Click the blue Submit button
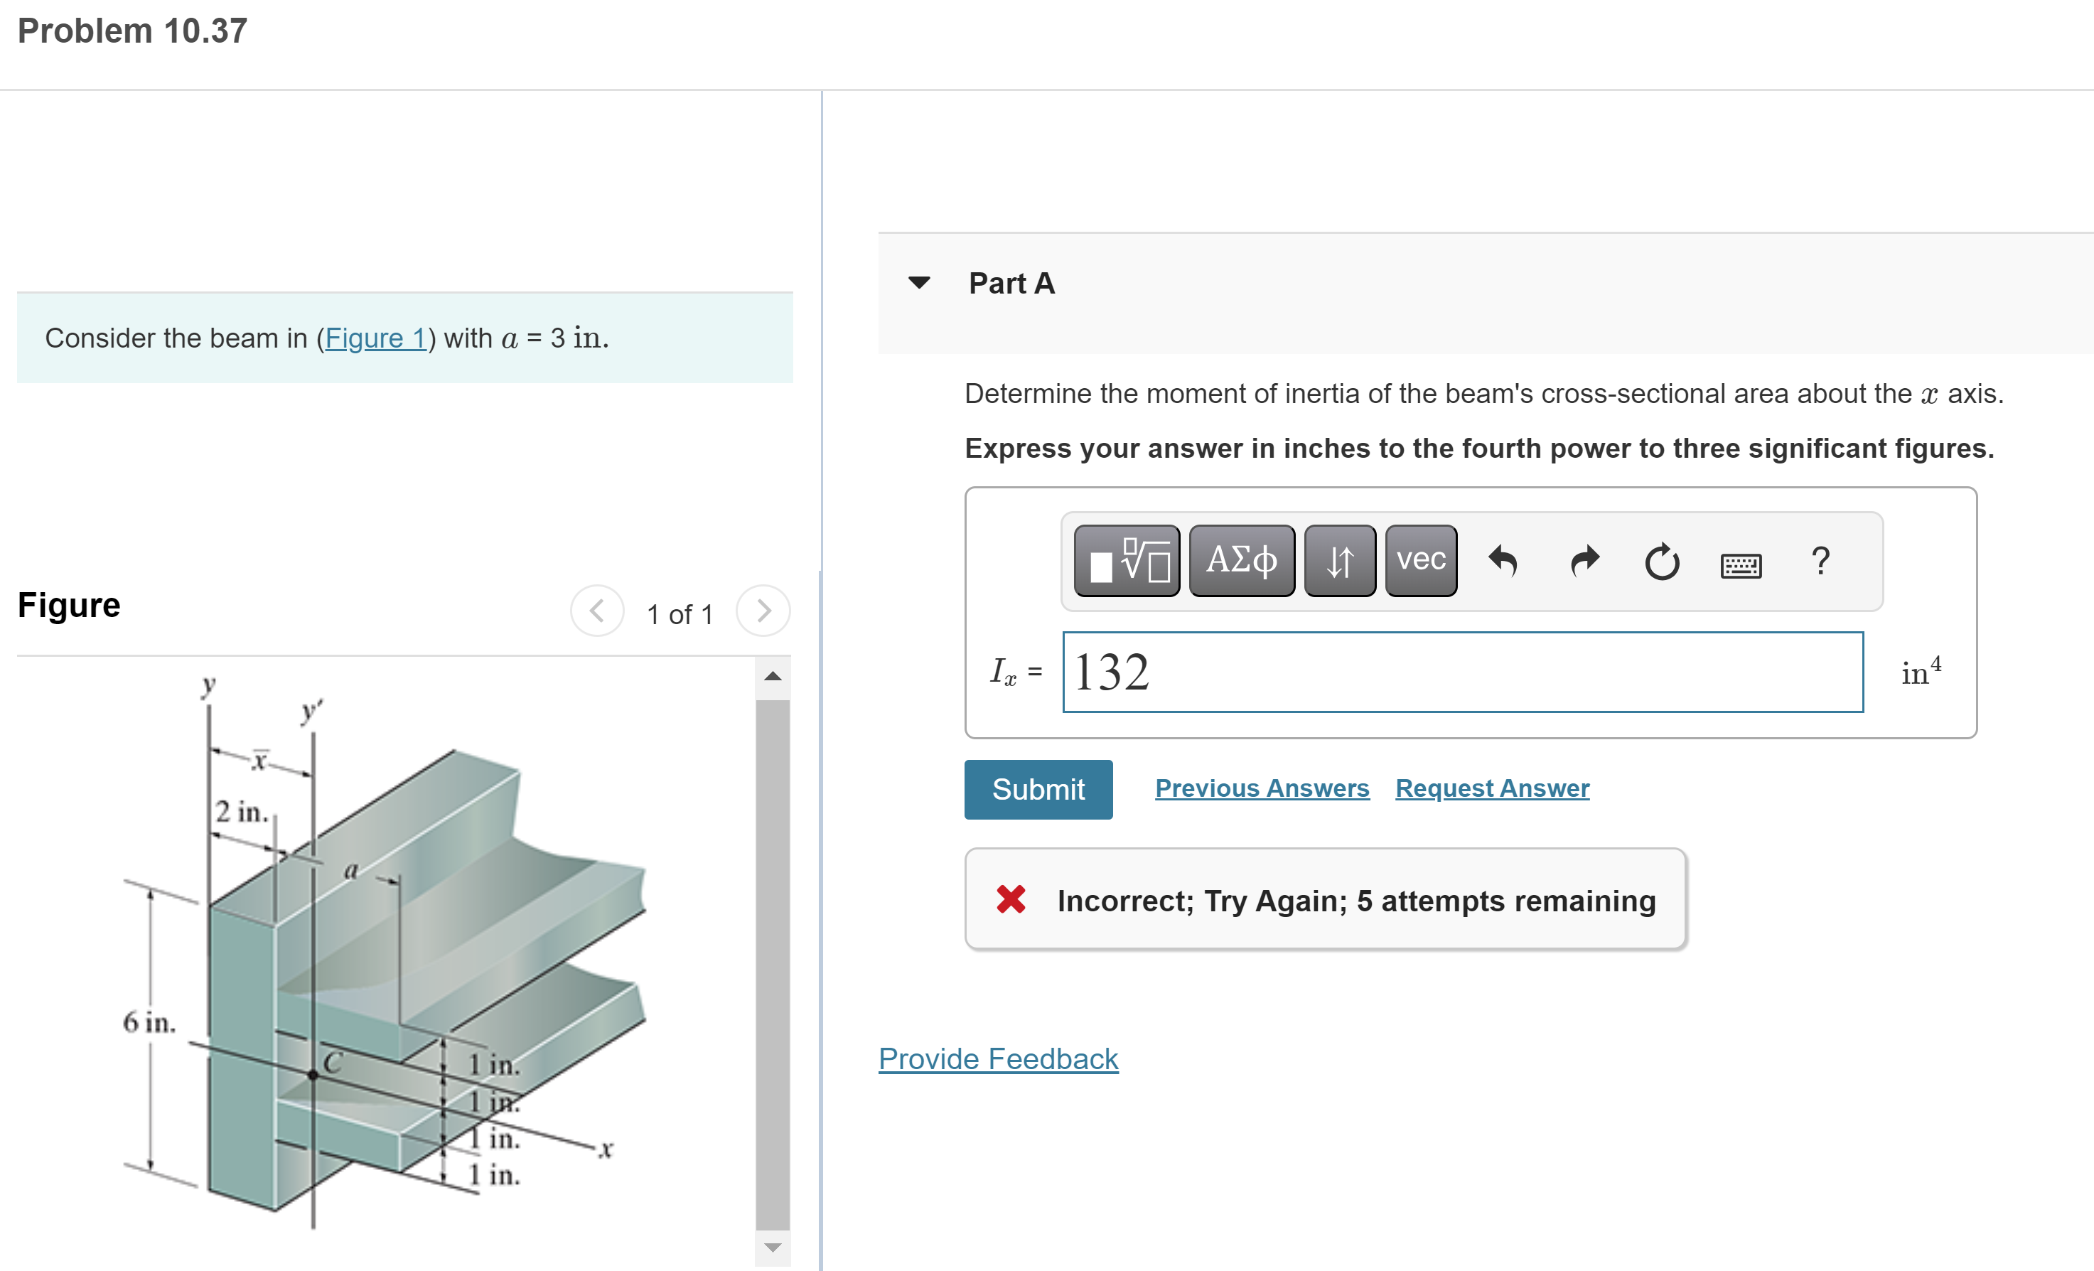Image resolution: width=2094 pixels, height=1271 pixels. [x=1038, y=789]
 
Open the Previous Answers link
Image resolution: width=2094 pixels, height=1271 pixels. [x=1261, y=788]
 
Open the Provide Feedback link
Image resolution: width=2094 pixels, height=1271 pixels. [x=998, y=1058]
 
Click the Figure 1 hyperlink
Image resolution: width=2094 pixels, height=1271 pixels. [x=375, y=338]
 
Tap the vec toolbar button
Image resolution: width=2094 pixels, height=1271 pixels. [x=1420, y=560]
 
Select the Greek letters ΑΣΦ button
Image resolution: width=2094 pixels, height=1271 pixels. [x=1241, y=560]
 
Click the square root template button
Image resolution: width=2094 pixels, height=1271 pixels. [x=1126, y=560]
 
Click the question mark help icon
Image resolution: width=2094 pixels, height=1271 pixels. [x=1820, y=561]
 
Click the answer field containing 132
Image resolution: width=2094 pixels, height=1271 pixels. [x=1461, y=672]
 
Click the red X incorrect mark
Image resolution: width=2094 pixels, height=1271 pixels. [x=1011, y=899]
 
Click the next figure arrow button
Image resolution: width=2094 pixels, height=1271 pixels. [x=763, y=611]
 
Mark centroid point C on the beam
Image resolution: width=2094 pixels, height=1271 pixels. [x=313, y=1075]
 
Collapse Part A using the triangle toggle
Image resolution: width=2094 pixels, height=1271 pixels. [x=918, y=282]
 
